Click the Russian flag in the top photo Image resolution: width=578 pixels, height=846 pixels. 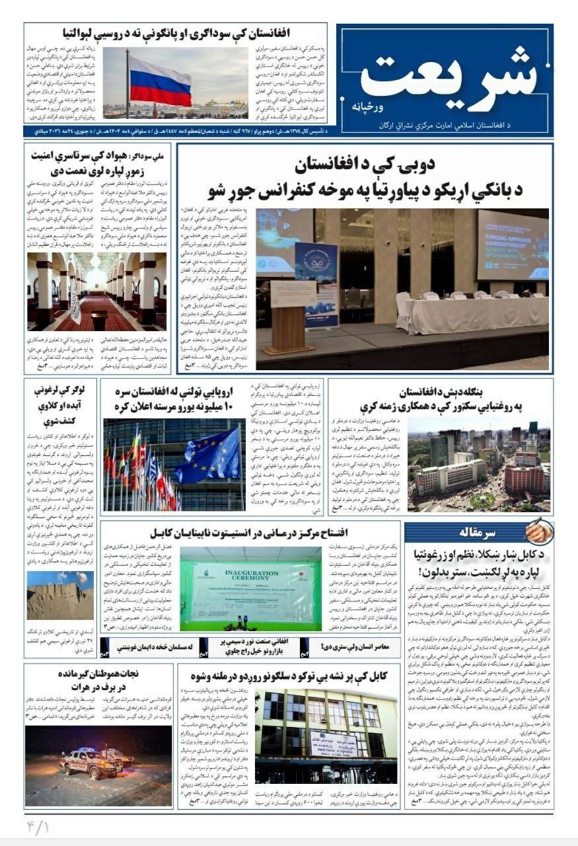click(161, 81)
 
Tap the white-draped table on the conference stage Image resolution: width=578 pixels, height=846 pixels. click(470, 314)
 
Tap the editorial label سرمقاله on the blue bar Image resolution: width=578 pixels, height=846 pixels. click(493, 532)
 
